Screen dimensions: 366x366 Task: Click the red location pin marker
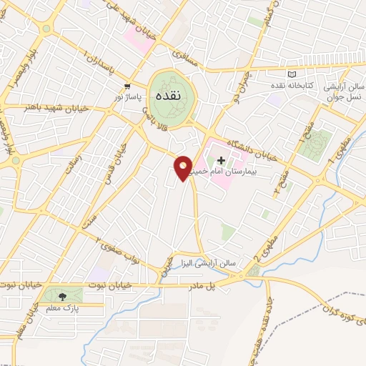183,168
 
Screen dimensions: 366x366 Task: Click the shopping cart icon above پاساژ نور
127,86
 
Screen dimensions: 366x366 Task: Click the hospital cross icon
222,161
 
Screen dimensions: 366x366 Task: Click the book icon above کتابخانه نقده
290,74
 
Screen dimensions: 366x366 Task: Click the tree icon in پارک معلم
61,296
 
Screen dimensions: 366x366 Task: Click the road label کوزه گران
335,310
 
